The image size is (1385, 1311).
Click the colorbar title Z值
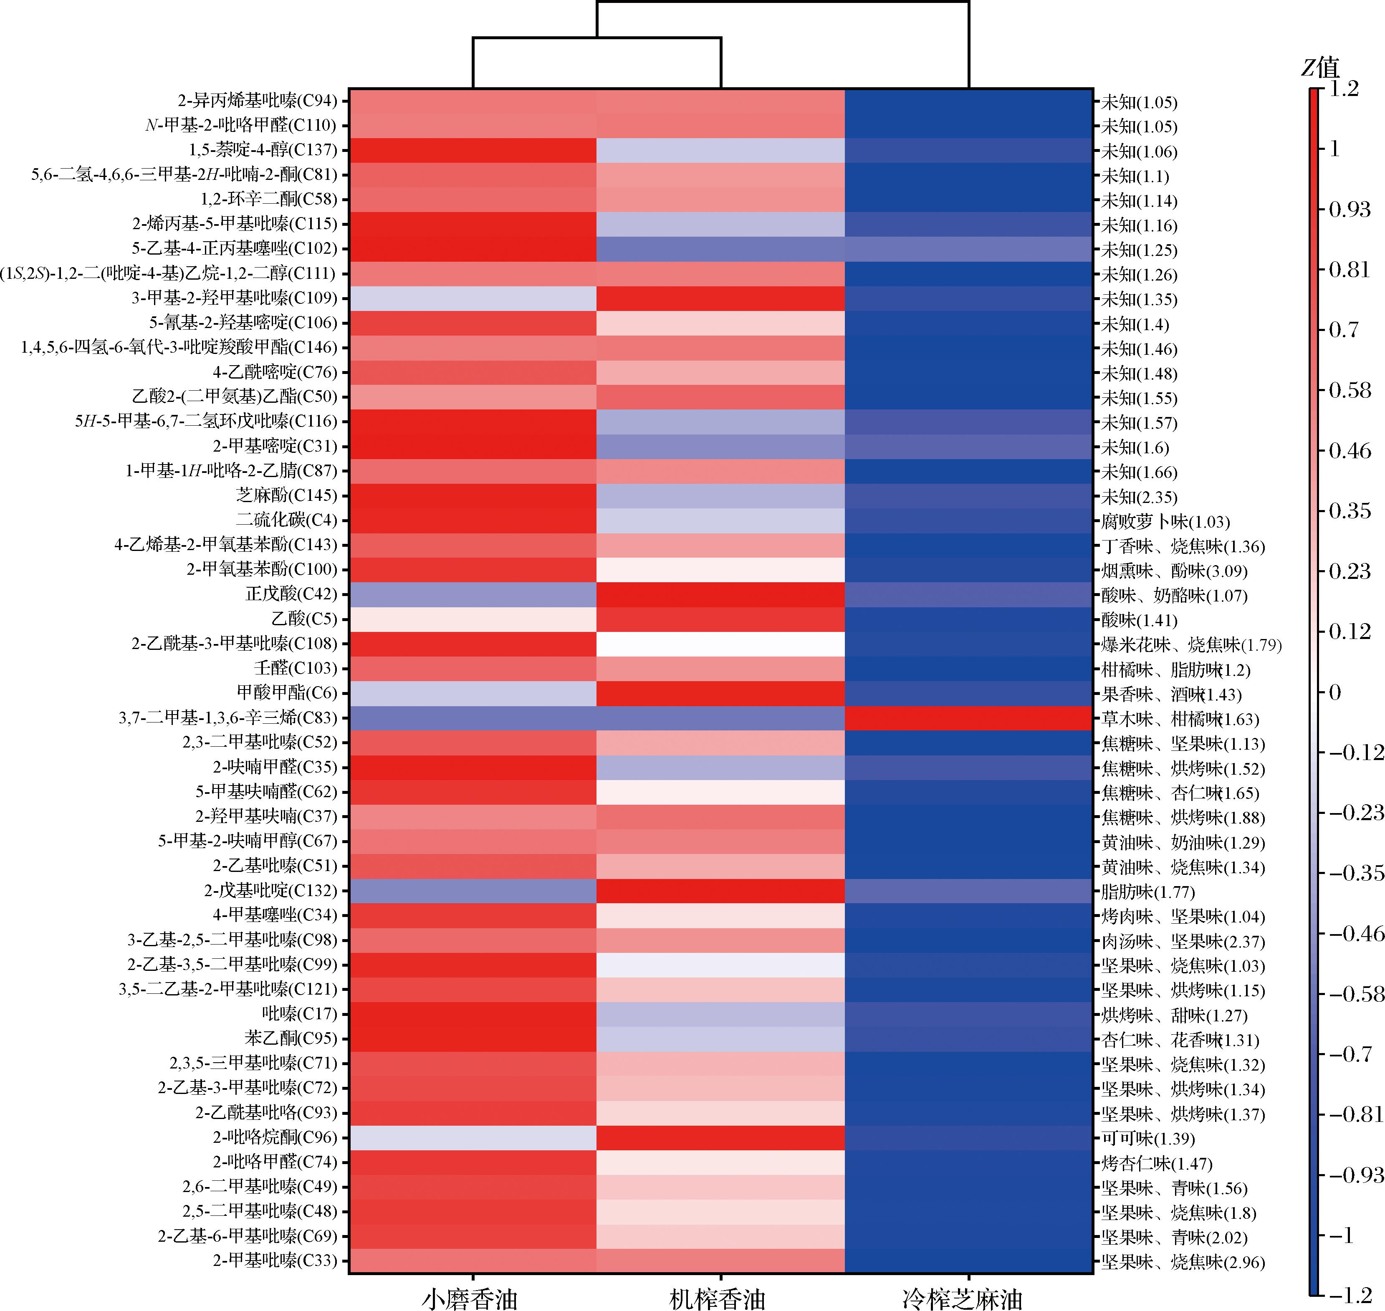tap(1320, 68)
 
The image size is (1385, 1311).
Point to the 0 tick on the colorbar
tap(1334, 692)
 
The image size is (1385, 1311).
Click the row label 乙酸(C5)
tap(304, 619)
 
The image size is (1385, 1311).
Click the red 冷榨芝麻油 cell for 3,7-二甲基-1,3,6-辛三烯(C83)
tap(968, 718)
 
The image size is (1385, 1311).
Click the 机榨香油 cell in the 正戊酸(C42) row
tap(720, 594)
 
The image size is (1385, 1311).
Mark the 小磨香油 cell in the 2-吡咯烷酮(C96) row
tap(473, 1138)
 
